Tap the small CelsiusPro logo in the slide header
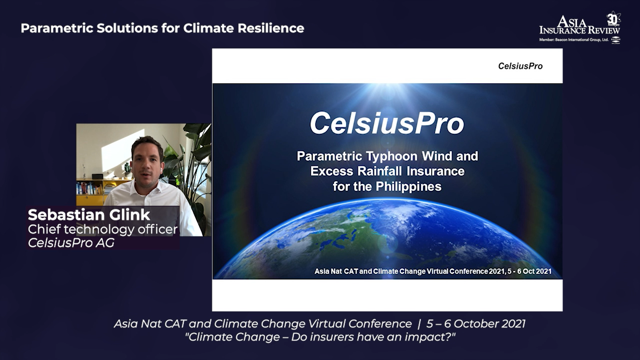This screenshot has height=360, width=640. coord(520,66)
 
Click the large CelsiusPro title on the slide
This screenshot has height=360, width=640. coord(387,123)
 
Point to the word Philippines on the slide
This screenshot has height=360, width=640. coord(409,187)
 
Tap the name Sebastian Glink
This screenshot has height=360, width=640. coord(89,215)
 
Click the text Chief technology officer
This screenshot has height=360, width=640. coord(103,229)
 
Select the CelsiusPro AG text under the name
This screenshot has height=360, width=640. coord(71,243)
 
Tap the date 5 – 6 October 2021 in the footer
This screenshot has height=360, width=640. coord(476,324)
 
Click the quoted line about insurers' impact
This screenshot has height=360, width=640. coord(320,337)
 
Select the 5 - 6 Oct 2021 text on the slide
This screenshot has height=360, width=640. coord(530,271)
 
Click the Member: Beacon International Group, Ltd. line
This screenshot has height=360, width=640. coord(574,40)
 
